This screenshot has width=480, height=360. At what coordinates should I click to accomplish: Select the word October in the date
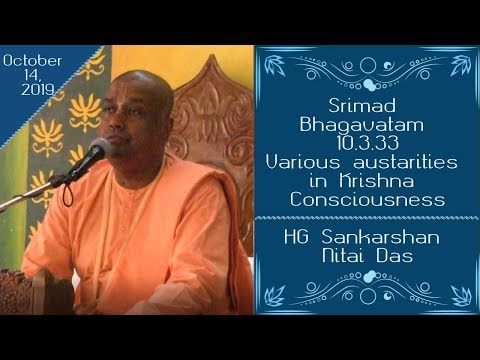tap(33, 59)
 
